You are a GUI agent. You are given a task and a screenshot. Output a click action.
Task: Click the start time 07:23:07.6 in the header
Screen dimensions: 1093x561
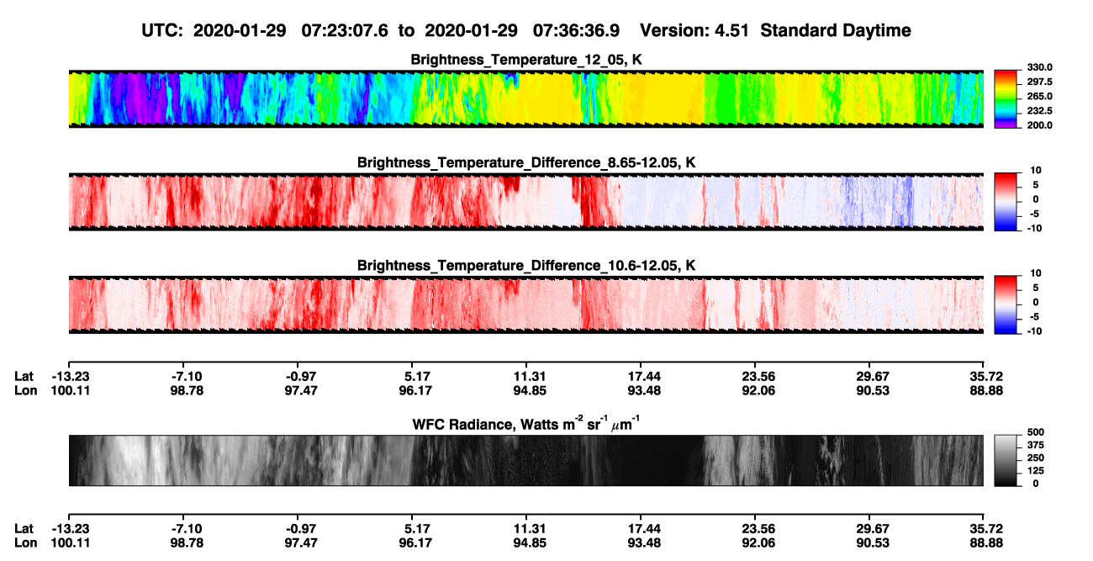click(345, 30)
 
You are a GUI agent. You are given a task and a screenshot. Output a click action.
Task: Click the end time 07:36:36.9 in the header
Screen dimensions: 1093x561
click(576, 30)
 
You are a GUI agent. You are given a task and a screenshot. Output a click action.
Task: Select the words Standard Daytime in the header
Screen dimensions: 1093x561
click(836, 30)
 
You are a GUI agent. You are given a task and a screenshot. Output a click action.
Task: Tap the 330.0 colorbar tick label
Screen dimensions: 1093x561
click(1039, 67)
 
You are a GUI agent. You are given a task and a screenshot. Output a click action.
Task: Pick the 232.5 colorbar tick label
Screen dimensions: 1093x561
click(1039, 111)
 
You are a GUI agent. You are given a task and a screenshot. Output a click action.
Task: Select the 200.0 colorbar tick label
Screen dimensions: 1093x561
click(1039, 125)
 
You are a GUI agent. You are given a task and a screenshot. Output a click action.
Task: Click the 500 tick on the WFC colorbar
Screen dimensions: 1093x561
click(1036, 432)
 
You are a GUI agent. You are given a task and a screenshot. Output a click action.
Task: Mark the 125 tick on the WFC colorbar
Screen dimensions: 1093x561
click(1036, 471)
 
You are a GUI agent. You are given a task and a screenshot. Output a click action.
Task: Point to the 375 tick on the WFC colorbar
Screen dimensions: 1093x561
click(1036, 445)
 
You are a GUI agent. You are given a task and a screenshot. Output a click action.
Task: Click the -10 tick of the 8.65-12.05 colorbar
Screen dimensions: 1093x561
click(1034, 228)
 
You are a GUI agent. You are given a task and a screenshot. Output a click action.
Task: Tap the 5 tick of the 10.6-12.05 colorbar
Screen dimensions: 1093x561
click(1036, 288)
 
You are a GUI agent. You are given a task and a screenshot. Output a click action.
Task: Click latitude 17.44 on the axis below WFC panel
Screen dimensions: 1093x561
click(644, 529)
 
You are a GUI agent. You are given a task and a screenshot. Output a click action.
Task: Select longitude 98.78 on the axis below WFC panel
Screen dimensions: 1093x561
click(187, 543)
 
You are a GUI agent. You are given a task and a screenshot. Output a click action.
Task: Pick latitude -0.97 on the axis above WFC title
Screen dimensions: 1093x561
click(301, 377)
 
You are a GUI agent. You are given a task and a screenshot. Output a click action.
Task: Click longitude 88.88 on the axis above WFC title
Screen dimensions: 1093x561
click(986, 390)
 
